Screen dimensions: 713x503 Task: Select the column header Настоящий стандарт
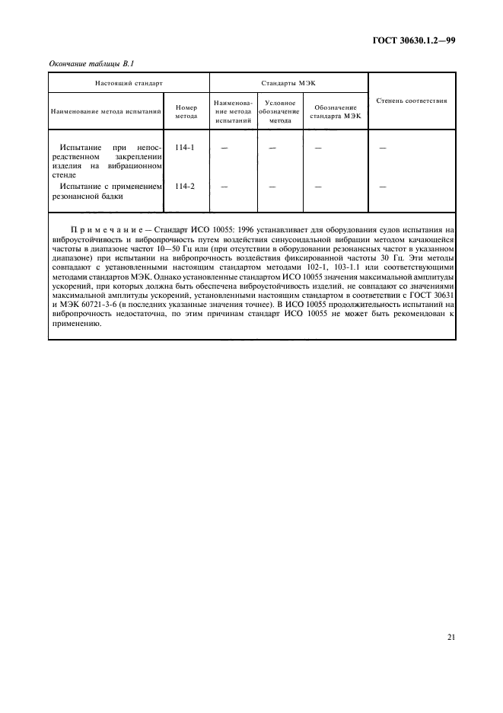pyautogui.click(x=129, y=79)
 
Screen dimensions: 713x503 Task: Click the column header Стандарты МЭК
pyautogui.click(x=288, y=79)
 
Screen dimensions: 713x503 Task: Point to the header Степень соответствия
pyautogui.click(x=412, y=100)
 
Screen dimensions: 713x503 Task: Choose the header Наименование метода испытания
pyautogui.click(x=107, y=111)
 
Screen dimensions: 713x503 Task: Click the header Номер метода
pyautogui.click(x=186, y=111)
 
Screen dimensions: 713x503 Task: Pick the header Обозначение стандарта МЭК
pyautogui.click(x=336, y=111)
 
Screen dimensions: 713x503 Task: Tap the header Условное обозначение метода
pyautogui.click(x=280, y=110)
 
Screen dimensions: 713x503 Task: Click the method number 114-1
pyautogui.click(x=184, y=146)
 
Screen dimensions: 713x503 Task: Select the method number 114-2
pyautogui.click(x=184, y=185)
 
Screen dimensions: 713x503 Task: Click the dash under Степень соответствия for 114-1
pyautogui.click(x=383, y=147)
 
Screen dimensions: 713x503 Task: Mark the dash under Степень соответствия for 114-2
pyautogui.click(x=383, y=186)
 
